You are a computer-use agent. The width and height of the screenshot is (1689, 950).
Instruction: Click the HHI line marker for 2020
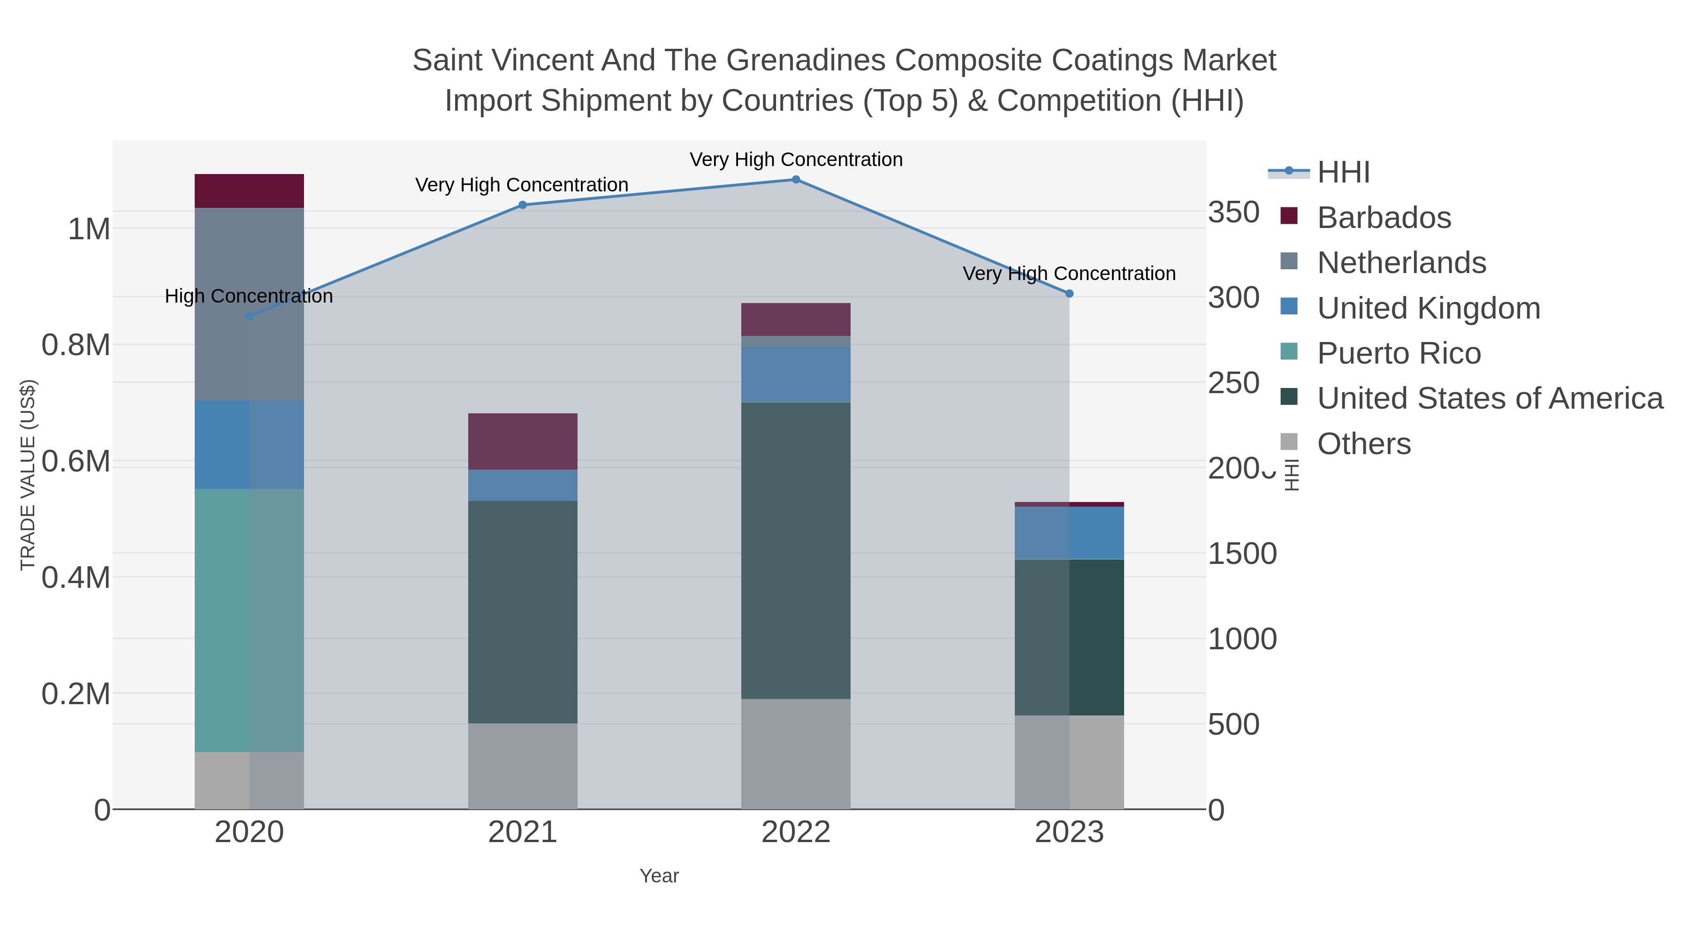(x=249, y=317)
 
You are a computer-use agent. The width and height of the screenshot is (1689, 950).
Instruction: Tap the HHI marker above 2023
(x=1069, y=294)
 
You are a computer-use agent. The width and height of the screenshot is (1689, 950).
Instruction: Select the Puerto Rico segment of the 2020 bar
(x=249, y=620)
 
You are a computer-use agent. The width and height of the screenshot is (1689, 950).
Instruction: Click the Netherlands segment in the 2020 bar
(x=249, y=304)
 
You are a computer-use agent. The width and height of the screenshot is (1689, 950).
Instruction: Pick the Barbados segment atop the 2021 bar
(x=523, y=441)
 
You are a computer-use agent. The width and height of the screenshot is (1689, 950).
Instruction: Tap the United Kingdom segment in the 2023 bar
(x=1069, y=532)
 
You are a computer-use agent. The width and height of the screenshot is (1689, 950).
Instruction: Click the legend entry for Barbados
(x=1384, y=218)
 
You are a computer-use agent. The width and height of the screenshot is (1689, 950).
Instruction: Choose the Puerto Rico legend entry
(x=1399, y=353)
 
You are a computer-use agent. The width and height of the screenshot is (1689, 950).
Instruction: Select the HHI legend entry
(x=1343, y=173)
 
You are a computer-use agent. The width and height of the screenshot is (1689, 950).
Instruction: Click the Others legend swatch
(x=1289, y=442)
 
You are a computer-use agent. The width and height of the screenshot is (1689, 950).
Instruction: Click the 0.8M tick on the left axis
(x=76, y=345)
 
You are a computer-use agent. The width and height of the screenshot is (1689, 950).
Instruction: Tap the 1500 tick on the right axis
(x=1242, y=554)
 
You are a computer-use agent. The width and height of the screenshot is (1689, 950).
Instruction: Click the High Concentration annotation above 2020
(x=249, y=296)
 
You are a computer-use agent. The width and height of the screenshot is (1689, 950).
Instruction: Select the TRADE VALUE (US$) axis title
(x=28, y=475)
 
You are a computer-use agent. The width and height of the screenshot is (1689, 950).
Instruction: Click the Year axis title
(x=659, y=876)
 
